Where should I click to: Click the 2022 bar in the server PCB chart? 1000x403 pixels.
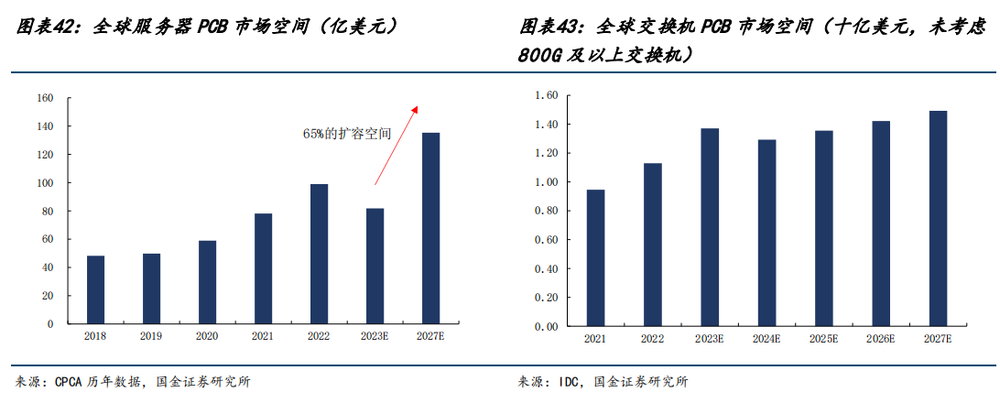click(x=319, y=254)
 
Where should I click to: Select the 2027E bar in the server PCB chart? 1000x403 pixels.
click(x=429, y=228)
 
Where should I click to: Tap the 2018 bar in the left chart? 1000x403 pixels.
click(x=95, y=289)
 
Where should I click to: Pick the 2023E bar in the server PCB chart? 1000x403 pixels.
click(x=374, y=266)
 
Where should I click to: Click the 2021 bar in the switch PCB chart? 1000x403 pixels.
click(x=595, y=257)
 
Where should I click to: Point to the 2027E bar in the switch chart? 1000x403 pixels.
click(x=938, y=218)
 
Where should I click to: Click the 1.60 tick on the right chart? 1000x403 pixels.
click(x=546, y=95)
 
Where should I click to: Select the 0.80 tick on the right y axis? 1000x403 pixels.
click(x=546, y=211)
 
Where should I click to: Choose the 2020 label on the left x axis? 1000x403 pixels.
click(x=207, y=336)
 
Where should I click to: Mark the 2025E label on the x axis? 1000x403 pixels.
click(x=824, y=339)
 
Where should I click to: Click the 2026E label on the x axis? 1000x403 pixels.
click(x=881, y=339)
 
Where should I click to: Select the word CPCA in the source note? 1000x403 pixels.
click(x=71, y=382)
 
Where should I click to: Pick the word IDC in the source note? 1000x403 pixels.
click(x=569, y=382)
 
